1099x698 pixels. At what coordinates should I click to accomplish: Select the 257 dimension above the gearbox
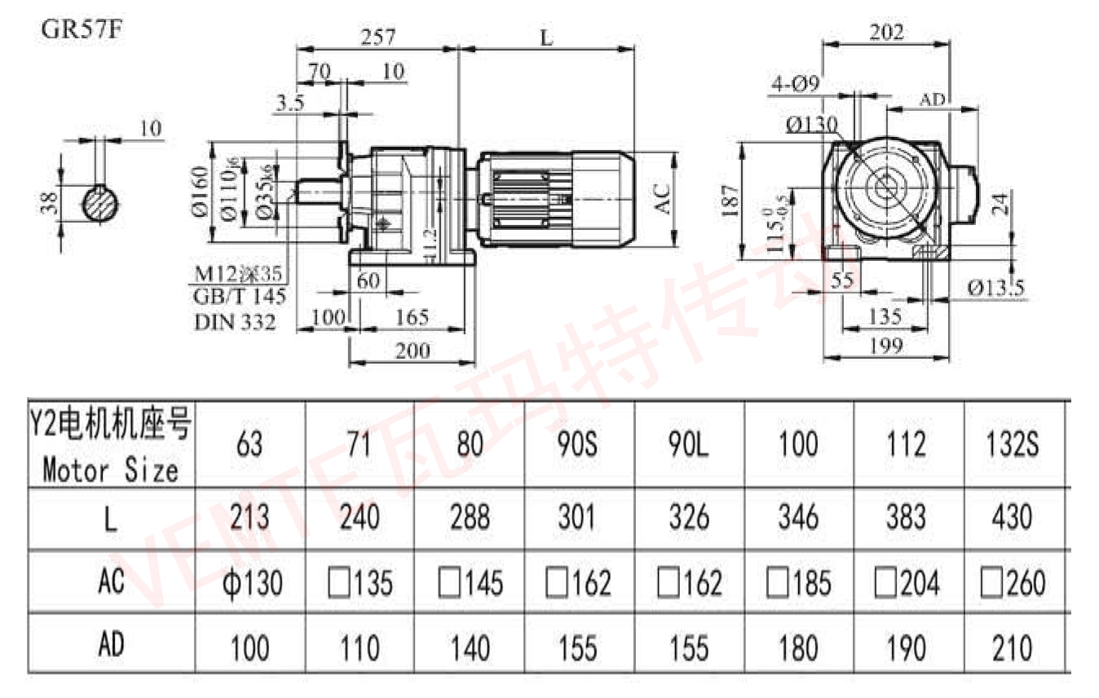378,37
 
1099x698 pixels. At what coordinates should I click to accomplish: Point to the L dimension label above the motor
547,38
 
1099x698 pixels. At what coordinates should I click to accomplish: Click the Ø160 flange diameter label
200,192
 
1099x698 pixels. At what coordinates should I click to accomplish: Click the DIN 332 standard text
235,321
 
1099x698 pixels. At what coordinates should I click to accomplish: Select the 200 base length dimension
413,351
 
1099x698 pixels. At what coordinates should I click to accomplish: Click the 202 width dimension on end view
886,32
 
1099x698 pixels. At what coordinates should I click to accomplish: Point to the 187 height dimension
730,200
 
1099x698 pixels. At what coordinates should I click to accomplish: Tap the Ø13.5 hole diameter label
995,287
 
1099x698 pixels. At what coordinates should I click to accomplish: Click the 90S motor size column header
578,444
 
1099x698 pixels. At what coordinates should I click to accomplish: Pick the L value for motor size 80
470,517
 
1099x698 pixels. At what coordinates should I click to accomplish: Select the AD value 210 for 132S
1013,648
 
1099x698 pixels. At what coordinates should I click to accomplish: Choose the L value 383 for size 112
906,517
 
